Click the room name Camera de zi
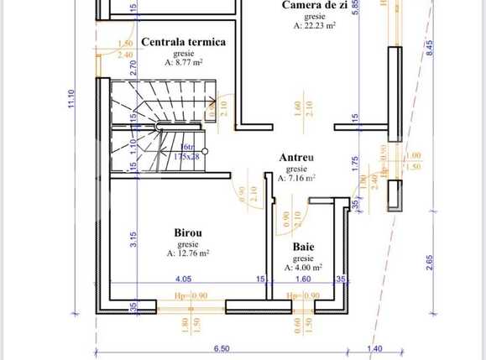[x=316, y=5]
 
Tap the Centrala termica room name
[x=183, y=41]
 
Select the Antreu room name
[x=296, y=157]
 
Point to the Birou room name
[x=187, y=233]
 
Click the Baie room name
[x=304, y=248]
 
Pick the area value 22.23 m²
[x=315, y=26]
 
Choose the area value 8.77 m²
[x=183, y=61]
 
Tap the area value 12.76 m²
[x=187, y=253]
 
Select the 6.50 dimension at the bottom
[x=221, y=347]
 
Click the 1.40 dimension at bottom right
[x=375, y=347]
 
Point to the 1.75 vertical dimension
[x=355, y=162]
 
